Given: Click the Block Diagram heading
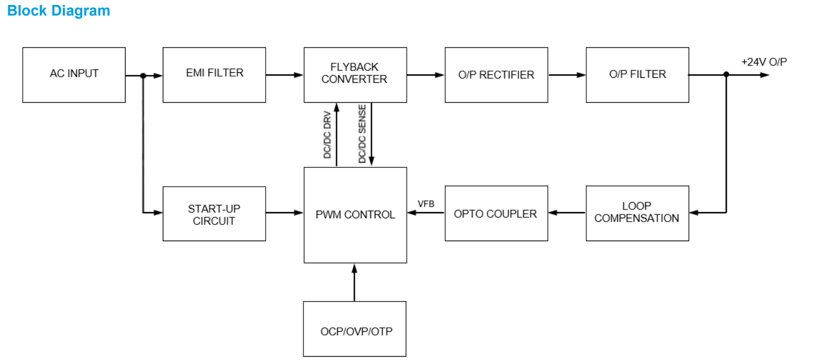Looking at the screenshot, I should click(x=58, y=11).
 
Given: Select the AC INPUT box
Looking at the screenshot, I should click(x=74, y=74).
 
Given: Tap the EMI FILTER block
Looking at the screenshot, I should click(x=214, y=74).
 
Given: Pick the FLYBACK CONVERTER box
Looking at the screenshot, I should click(x=355, y=74).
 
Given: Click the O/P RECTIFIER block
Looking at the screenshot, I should click(x=496, y=74).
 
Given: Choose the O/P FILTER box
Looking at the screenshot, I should click(x=637, y=74).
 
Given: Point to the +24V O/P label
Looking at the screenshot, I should click(x=764, y=62).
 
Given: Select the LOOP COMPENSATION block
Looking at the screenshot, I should click(x=637, y=213).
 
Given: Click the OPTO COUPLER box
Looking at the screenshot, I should click(x=496, y=213).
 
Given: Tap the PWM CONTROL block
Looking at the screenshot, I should click(x=355, y=214).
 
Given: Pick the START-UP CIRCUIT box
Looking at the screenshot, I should click(x=214, y=214).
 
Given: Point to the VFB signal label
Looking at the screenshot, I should click(x=426, y=204).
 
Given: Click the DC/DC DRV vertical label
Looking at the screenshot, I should click(x=328, y=135).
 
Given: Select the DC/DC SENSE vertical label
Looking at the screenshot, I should click(x=362, y=134).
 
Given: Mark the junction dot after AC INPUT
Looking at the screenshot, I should click(x=143, y=76).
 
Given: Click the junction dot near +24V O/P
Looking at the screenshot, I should click(x=726, y=74).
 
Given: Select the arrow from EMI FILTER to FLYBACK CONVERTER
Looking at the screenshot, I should click(x=285, y=74).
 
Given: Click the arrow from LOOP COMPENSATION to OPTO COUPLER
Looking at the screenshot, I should click(x=567, y=212).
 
